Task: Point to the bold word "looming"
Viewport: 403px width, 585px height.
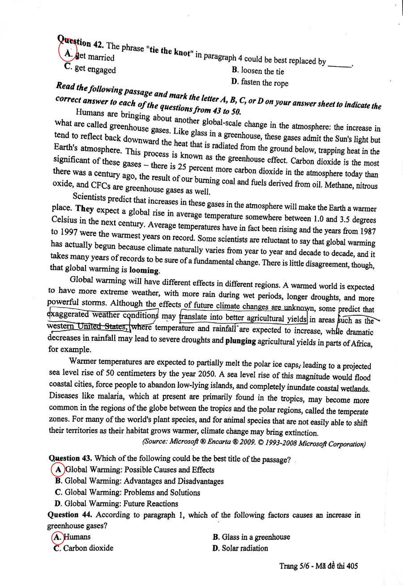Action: click(144, 270)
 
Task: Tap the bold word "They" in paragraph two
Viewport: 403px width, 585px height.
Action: click(85, 209)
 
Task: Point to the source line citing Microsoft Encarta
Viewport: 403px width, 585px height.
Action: click(253, 444)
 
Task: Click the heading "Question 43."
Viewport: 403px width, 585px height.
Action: click(70, 459)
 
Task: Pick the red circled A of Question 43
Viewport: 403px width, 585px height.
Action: click(58, 470)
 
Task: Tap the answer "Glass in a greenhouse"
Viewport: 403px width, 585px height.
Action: click(251, 537)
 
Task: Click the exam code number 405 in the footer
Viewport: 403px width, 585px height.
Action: click(352, 566)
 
